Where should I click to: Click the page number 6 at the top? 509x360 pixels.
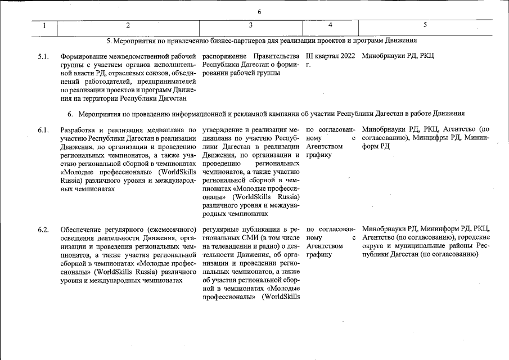(259, 12)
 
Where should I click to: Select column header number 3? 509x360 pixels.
(250, 25)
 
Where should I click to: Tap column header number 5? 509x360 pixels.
(425, 25)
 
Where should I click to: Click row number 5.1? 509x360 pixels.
(43, 56)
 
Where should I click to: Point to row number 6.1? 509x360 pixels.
(43, 130)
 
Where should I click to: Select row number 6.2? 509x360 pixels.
(43, 229)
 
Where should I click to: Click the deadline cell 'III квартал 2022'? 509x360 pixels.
(330, 56)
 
